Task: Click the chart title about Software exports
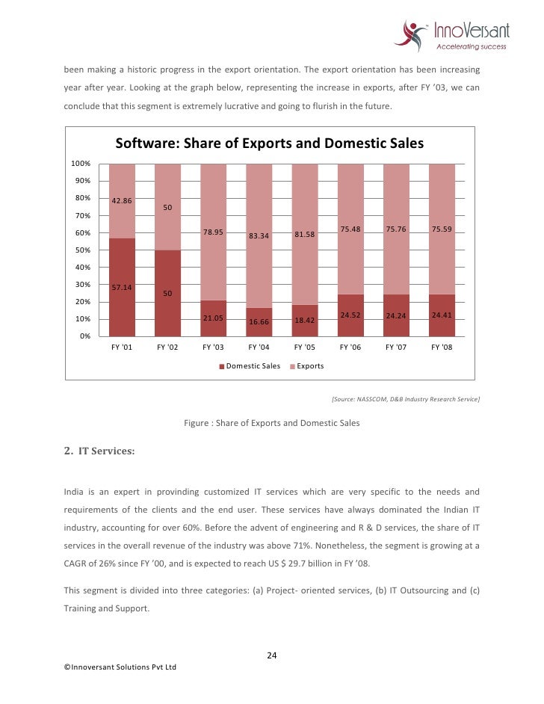[269, 143]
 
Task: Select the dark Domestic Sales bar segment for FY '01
[122, 287]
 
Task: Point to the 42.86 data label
[122, 201]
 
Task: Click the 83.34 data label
[259, 235]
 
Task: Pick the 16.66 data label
[259, 322]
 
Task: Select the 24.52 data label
[350, 315]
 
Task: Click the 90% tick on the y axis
[81, 181]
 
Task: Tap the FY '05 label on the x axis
[305, 348]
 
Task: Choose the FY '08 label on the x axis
[442, 348]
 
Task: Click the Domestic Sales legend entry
[250, 366]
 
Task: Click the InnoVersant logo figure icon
[413, 34]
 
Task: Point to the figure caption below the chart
[271, 423]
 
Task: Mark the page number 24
[272, 655]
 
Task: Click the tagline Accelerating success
[471, 46]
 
